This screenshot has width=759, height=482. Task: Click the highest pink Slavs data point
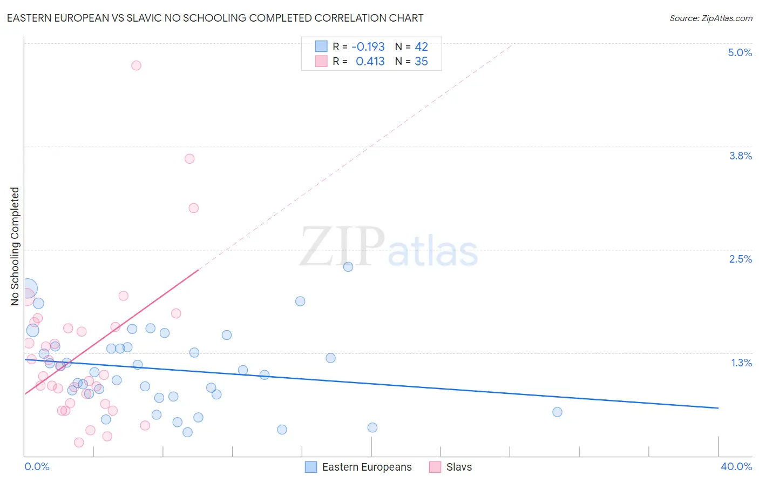point(136,65)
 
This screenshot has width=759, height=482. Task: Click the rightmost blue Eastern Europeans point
point(557,412)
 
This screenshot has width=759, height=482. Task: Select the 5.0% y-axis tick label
point(740,52)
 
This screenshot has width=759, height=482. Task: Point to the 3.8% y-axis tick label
point(740,156)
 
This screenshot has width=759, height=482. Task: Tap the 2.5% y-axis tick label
point(740,259)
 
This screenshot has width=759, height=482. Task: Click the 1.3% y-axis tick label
point(741,363)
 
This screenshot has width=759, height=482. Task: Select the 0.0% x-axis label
point(37,466)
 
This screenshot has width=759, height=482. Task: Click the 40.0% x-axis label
point(736,466)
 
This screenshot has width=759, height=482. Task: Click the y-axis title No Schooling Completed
point(15,246)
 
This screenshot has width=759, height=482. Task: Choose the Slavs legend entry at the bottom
point(459,467)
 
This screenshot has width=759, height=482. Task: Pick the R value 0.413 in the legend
point(370,62)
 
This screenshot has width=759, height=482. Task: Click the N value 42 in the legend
point(421,47)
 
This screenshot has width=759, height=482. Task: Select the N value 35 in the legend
point(421,62)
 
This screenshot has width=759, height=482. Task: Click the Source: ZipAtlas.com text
point(710,18)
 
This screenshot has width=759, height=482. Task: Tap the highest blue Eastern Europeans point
point(348,266)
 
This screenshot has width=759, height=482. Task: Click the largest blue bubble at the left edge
point(27,289)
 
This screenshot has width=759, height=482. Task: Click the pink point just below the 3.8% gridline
point(189,158)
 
